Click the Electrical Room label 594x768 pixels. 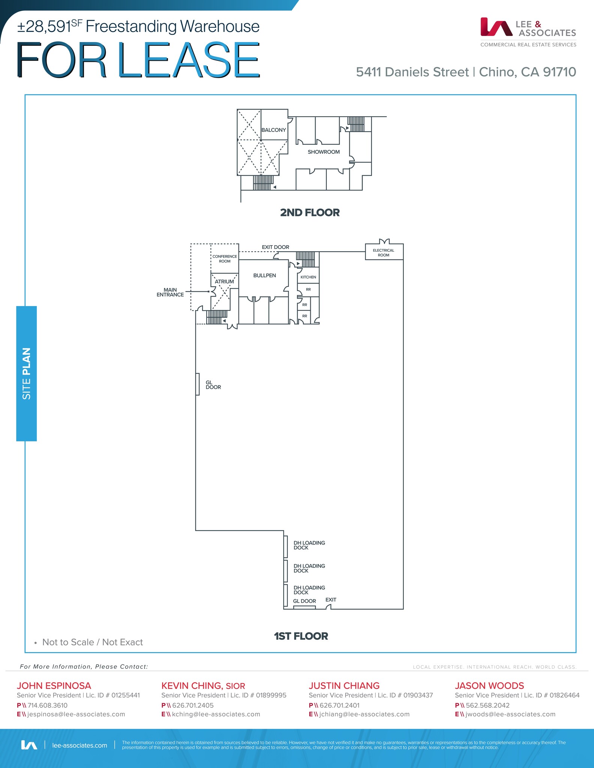tap(383, 253)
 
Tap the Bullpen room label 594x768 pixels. tap(265, 275)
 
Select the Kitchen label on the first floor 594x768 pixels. tap(308, 277)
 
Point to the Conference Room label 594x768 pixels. tap(224, 259)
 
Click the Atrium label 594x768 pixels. tap(224, 282)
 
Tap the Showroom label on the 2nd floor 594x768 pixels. tap(323, 152)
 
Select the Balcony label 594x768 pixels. tap(274, 130)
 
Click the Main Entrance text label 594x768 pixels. tap(170, 292)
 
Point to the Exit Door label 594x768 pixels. tap(275, 247)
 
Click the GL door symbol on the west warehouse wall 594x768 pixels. tap(197, 384)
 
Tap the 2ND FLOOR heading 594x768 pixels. tap(310, 213)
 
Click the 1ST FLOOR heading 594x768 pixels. tap(301, 636)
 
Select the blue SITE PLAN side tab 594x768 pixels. tap(27, 373)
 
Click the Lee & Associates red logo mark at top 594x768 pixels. tap(496, 27)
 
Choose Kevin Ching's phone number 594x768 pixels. tap(193, 705)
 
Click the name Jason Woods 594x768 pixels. tap(489, 685)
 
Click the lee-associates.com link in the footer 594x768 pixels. tap(80, 745)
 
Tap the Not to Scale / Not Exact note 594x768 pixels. tap(92, 642)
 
